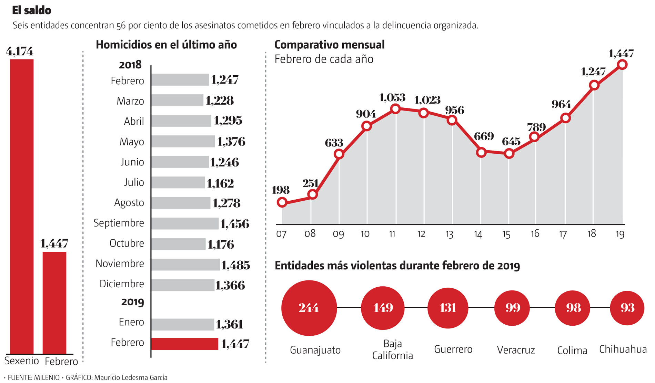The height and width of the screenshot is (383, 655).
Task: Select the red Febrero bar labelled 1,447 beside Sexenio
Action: point(54,303)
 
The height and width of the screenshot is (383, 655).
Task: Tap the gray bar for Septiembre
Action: point(185,223)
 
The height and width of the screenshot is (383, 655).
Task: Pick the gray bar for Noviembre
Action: point(185,265)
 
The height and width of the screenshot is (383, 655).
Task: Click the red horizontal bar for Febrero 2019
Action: point(185,344)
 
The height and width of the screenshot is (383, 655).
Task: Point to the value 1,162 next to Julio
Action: point(220,183)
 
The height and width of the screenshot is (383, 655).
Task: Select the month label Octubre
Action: point(127,243)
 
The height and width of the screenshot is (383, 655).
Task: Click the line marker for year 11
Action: point(395,109)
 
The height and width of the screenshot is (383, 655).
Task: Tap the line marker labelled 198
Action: point(282,202)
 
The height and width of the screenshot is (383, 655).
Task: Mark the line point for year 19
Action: point(622,65)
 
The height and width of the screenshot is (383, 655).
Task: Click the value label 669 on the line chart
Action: point(484,136)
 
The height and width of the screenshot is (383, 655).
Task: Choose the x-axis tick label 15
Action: point(506,234)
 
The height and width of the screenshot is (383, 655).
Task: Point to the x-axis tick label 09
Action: point(338,234)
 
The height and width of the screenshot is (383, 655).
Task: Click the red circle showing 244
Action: point(309,308)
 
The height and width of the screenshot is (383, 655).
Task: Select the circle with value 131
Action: point(448,307)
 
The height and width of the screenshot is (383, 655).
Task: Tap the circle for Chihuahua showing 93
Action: point(627,308)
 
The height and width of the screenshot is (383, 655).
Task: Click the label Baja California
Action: point(393,350)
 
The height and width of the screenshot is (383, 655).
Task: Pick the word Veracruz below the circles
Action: point(516,350)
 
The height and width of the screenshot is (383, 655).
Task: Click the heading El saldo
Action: point(32,10)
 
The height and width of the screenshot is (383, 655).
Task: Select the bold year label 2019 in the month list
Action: point(132,302)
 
